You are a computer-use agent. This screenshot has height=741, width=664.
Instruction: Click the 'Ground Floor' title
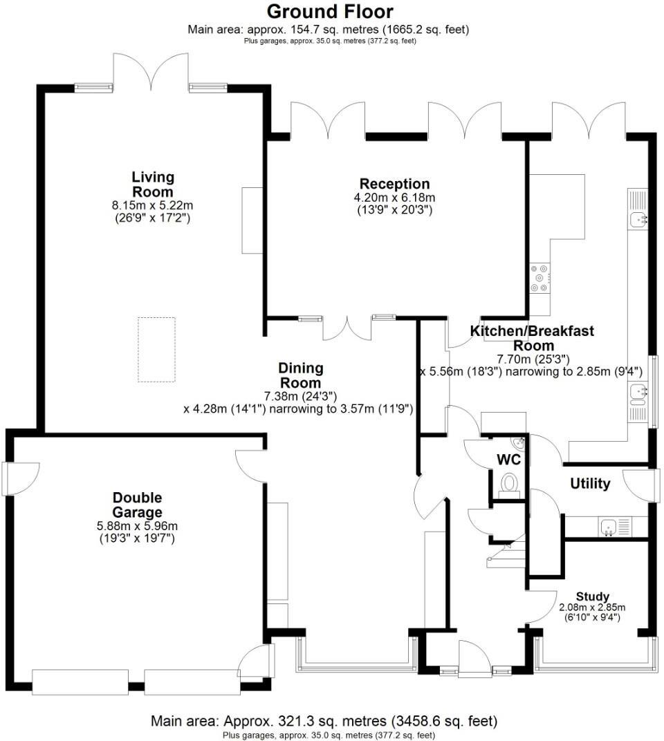[x=330, y=11]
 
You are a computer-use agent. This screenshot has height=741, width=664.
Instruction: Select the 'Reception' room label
[x=394, y=184]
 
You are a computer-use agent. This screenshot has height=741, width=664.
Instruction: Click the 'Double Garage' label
[x=137, y=505]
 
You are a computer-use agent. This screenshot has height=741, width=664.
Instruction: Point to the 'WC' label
[x=508, y=460]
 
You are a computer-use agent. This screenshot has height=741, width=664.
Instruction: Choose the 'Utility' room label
[x=590, y=483]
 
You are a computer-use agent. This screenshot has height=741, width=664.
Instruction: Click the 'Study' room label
[x=593, y=597]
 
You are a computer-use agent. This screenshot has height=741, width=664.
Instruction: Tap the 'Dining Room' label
[x=300, y=375]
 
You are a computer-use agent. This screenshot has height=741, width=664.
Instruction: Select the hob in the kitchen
[x=539, y=279]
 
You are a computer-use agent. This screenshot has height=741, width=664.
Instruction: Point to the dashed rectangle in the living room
[x=156, y=349]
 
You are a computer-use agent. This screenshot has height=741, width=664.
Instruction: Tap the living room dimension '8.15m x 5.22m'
[x=152, y=205]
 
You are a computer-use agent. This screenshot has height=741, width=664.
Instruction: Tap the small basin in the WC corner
[x=518, y=442]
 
